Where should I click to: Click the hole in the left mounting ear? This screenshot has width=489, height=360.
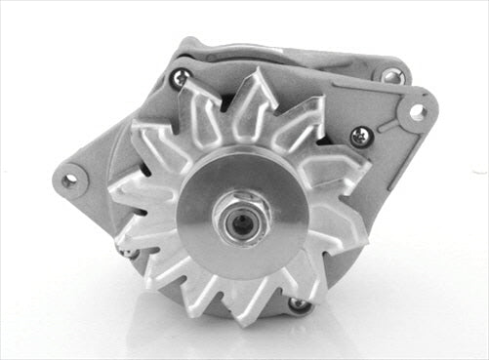(x=68, y=180)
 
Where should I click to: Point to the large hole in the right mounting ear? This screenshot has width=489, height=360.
(x=418, y=112)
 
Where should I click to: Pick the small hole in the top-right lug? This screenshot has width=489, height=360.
(x=390, y=75)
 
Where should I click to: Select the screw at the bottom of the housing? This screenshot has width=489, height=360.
(x=299, y=305)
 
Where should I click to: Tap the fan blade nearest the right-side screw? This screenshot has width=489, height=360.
(x=337, y=161)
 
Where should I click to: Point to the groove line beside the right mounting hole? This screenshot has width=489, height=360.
(x=388, y=123)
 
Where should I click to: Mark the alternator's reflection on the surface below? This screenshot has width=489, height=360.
(x=244, y=337)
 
